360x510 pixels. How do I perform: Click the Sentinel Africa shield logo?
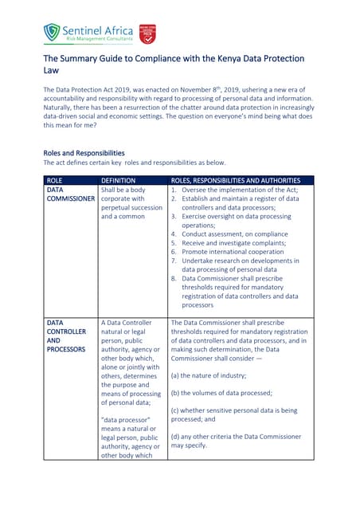pos(52,32)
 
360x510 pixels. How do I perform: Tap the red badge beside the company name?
pos(147,33)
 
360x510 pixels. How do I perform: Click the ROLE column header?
pos(55,181)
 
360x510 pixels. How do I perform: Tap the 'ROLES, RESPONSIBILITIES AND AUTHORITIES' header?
pos(236,181)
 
